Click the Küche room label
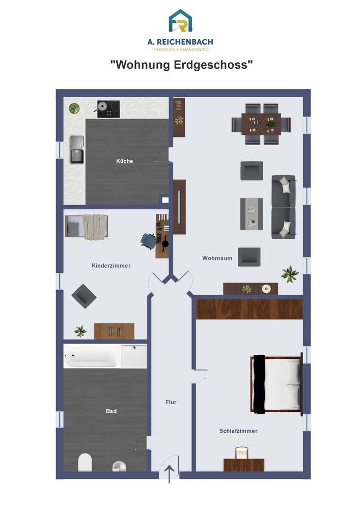[125, 161]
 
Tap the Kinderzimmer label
[111, 266]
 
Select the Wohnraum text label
[217, 259]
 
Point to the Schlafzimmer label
[238, 431]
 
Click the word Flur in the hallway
[171, 402]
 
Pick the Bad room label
[111, 411]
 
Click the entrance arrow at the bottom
[169, 474]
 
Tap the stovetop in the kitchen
[108, 109]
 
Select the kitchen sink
[77, 150]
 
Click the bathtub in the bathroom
[92, 356]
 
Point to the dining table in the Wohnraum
[261, 124]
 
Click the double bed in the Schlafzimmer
[276, 384]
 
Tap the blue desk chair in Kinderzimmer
[148, 241]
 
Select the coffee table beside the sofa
[252, 214]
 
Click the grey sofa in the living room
[284, 207]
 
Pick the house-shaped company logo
[180, 21]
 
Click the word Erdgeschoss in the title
[213, 65]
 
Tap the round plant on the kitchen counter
[74, 108]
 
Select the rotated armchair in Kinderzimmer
[84, 296]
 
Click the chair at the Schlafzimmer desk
[242, 453]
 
